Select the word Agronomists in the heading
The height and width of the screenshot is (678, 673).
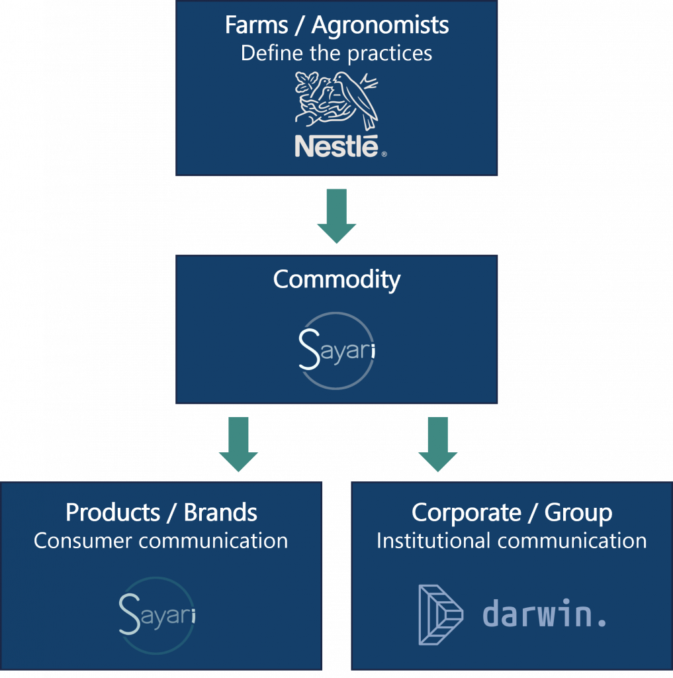[x=381, y=26]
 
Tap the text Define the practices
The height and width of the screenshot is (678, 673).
[x=336, y=53]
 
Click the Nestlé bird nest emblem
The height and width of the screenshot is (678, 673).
[x=336, y=100]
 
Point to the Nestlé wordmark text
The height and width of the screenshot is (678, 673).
[x=336, y=146]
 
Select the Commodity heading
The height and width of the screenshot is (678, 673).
[x=336, y=279]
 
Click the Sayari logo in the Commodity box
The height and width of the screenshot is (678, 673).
[x=336, y=349]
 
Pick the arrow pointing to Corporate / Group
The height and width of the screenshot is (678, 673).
[x=437, y=443]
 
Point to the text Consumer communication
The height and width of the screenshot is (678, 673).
[x=161, y=540]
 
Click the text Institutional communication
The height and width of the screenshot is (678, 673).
[x=512, y=540]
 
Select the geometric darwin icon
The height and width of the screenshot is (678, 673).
[x=441, y=614]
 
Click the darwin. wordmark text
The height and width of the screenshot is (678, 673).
[x=544, y=614]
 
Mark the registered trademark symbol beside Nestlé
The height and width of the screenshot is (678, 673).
[x=384, y=154]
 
